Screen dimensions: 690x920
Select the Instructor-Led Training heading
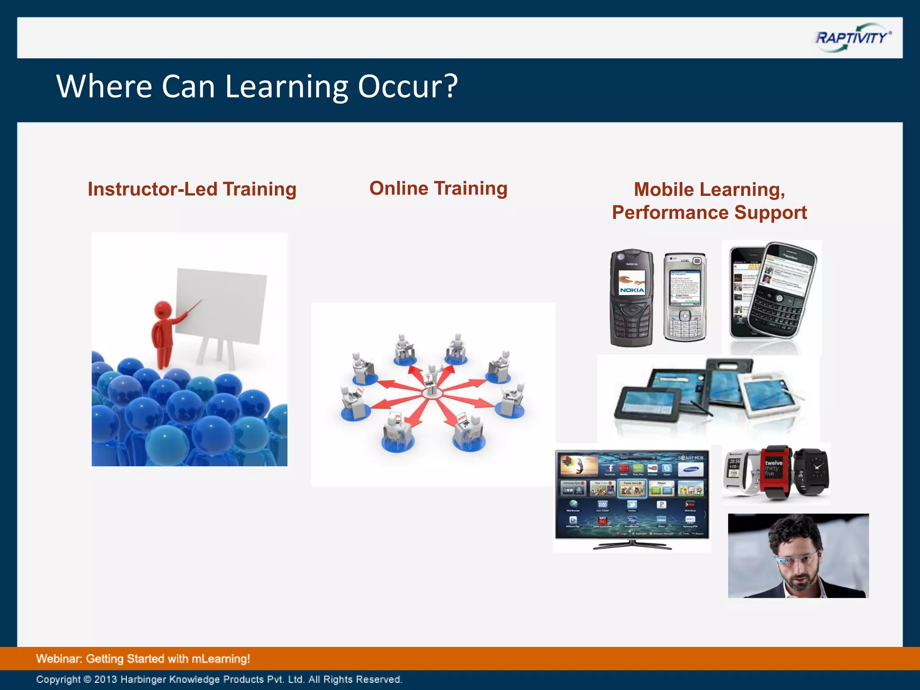click(x=192, y=189)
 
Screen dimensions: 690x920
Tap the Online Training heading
click(x=438, y=188)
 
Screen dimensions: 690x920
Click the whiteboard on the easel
click(x=220, y=305)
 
